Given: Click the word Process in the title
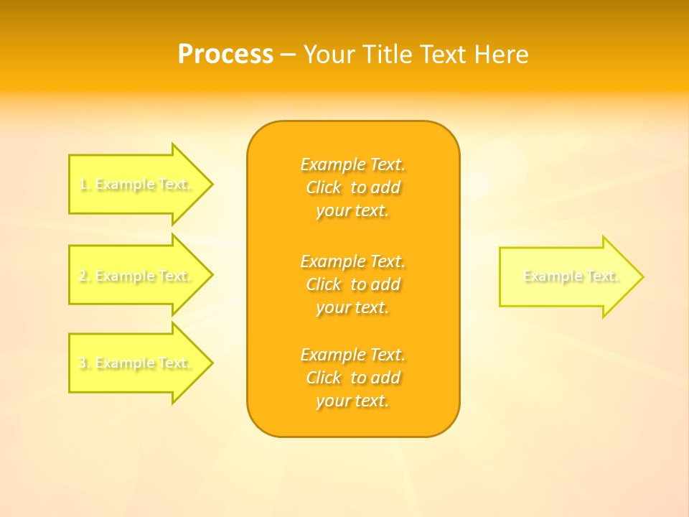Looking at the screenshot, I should tap(225, 55).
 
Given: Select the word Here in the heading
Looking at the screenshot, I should tap(500, 55).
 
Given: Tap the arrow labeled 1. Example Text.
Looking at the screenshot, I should tap(136, 185).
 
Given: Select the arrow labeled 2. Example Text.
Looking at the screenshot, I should tap(136, 276).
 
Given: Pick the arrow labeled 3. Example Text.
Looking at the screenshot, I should tap(136, 363).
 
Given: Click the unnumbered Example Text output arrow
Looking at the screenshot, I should tap(567, 276).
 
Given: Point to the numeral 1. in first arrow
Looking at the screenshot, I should tap(85, 185).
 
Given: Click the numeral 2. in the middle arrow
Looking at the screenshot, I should tap(85, 276).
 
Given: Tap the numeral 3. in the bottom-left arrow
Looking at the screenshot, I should tap(85, 363).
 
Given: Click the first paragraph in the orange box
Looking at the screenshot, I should tap(353, 187).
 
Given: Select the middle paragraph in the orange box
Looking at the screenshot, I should tap(353, 284).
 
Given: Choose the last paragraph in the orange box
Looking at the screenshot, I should tap(353, 378).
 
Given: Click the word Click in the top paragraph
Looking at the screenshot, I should tap(324, 187).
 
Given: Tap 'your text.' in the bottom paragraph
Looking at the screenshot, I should tap(352, 401).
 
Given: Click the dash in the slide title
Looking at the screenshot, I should tap(289, 55).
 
